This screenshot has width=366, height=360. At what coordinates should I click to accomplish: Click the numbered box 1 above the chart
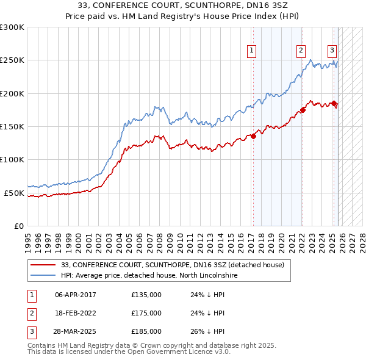(252, 51)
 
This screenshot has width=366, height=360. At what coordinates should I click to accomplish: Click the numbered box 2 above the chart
(301, 51)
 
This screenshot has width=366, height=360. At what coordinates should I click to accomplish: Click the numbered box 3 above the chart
(332, 51)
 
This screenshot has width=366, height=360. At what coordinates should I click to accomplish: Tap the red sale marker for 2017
(253, 136)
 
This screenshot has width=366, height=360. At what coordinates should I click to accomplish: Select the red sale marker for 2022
(303, 110)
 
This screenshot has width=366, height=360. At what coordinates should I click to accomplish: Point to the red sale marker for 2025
(334, 104)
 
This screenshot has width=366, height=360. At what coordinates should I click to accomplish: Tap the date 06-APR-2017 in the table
(75, 295)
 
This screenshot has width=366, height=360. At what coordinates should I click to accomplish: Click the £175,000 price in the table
(146, 313)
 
